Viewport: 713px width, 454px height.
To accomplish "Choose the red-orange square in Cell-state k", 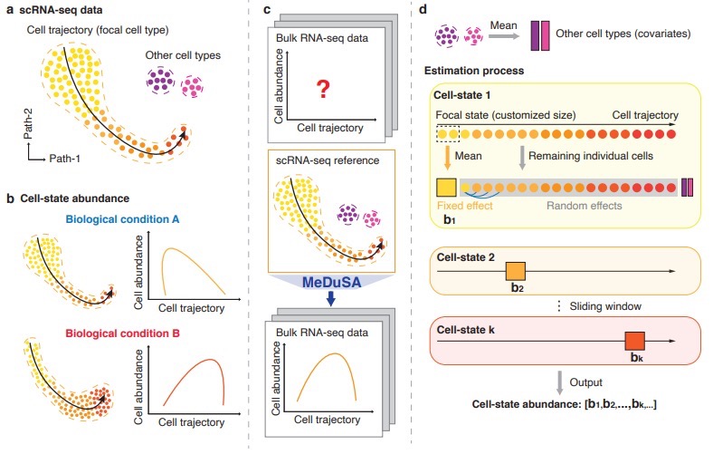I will [633, 341].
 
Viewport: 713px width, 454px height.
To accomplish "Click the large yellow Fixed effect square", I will [447, 188].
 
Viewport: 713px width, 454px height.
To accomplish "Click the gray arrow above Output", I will [561, 378].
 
